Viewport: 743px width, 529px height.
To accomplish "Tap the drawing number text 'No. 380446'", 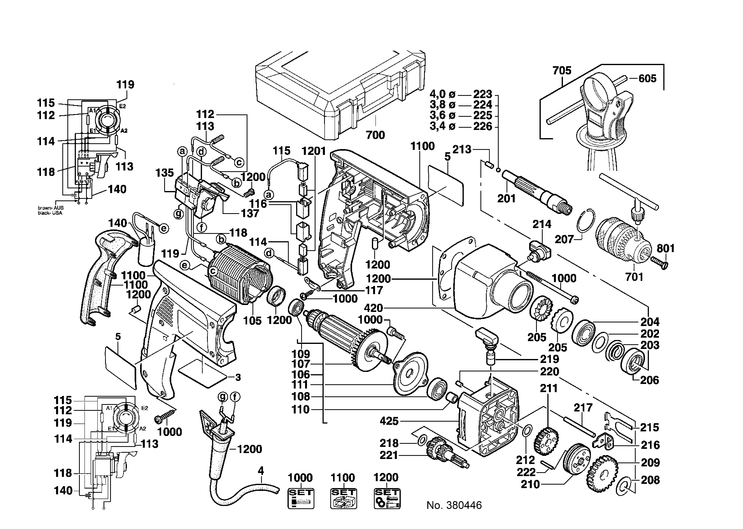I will (454, 505).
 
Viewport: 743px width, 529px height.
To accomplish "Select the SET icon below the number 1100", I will (343, 498).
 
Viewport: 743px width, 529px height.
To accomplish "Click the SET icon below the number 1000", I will (300, 498).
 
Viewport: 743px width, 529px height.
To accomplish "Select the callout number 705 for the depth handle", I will (562, 71).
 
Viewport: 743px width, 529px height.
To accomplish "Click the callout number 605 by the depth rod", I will (647, 79).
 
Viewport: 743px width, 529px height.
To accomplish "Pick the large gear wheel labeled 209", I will (601, 474).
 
